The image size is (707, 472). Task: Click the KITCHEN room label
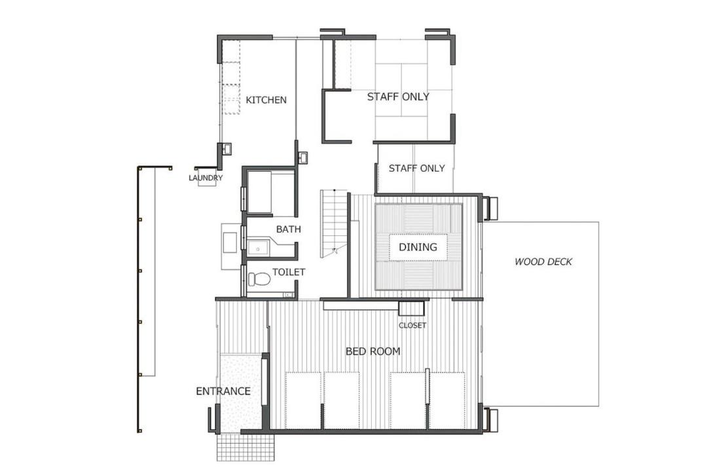(266, 100)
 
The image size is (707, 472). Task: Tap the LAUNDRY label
(206, 178)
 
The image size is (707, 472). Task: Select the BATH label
(289, 229)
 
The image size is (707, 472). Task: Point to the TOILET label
(289, 272)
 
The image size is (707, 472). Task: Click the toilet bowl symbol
(259, 279)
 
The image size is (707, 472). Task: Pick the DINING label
(418, 247)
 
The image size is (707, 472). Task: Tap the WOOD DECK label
(543, 262)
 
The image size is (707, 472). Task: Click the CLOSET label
(412, 325)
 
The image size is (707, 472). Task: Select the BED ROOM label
(373, 351)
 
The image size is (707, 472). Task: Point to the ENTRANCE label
(223, 391)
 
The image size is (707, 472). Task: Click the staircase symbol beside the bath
(334, 224)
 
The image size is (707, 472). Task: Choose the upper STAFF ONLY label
(398, 96)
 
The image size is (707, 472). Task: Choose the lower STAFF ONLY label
(416, 168)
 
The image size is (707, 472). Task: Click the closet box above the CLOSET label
(411, 309)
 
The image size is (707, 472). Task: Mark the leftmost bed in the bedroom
(304, 401)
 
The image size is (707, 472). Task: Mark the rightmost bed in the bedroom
(447, 401)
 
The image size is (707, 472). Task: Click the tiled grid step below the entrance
(245, 448)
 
